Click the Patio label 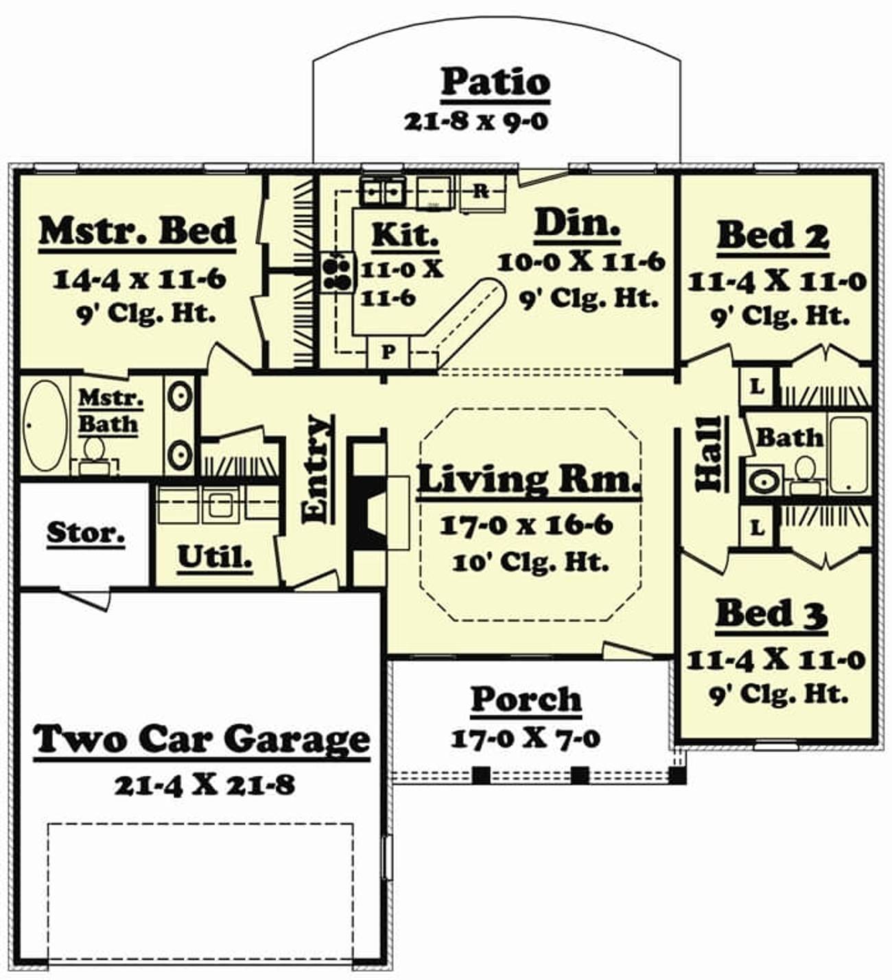point(495,84)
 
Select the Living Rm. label point(529,480)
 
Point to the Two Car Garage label point(201,739)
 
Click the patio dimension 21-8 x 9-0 point(476,121)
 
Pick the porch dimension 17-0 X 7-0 point(525,739)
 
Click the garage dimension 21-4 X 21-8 point(204,786)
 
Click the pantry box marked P point(387,352)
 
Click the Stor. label point(86,533)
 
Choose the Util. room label point(215,557)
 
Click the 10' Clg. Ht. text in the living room point(530,563)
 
